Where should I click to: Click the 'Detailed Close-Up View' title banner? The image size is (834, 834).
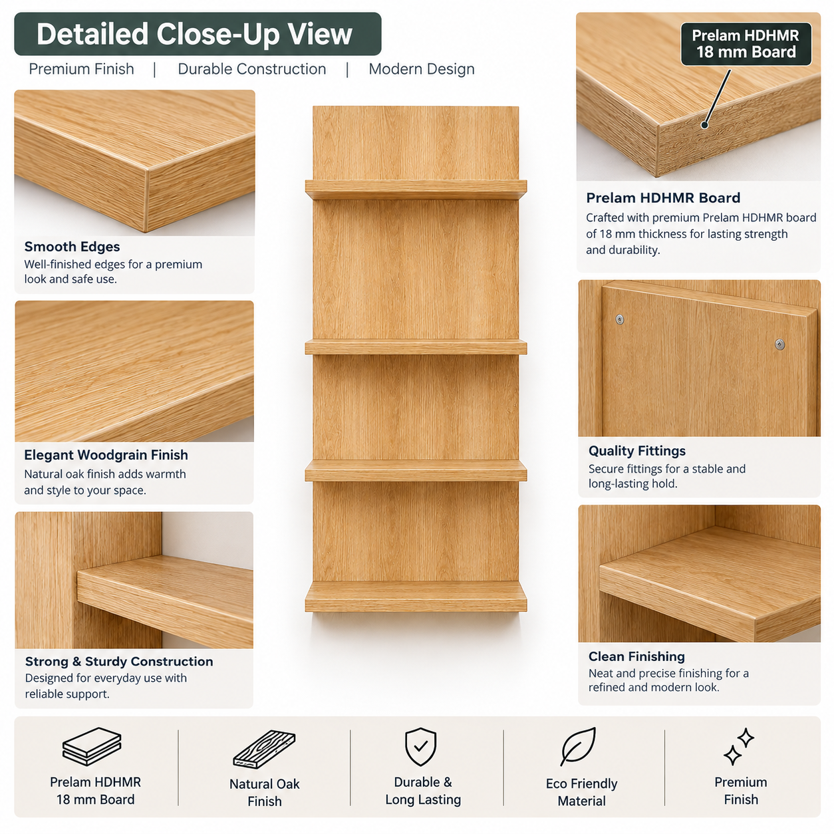tap(198, 34)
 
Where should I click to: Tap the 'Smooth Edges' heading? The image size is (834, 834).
tap(72, 247)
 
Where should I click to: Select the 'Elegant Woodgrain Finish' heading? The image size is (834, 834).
tap(106, 455)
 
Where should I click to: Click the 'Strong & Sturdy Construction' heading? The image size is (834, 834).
tap(119, 661)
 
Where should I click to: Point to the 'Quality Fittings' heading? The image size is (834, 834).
tap(636, 451)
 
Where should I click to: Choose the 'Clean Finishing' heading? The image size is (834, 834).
tap(636, 656)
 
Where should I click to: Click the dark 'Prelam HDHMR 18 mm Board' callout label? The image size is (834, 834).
tap(746, 44)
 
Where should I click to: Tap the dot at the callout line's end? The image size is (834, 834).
tap(704, 125)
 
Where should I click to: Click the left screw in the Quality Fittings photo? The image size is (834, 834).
tap(620, 319)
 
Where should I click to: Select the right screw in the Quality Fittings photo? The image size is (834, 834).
tap(779, 345)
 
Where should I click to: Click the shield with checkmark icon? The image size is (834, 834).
tap(420, 747)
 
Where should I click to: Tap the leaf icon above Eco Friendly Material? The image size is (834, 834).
tap(578, 746)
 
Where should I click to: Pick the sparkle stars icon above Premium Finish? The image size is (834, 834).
tap(739, 747)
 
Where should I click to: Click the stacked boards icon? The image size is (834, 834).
tap(92, 747)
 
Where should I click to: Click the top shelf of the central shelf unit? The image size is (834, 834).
tap(416, 190)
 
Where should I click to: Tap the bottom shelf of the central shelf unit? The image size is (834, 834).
tap(416, 597)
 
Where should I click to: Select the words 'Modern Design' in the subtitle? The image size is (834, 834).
tap(422, 69)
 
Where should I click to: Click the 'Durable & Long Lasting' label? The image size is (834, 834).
tap(423, 791)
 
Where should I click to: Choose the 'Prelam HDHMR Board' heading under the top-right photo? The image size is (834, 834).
tap(663, 198)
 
